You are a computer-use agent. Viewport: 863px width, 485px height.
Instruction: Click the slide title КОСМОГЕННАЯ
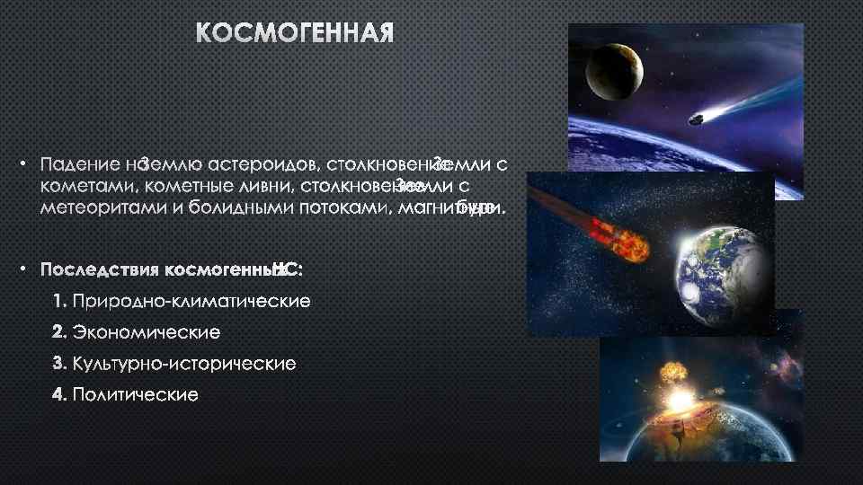pos(296,35)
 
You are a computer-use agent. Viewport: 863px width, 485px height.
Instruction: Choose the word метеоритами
pos(95,210)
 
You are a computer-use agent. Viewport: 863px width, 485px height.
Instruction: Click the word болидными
pos(225,210)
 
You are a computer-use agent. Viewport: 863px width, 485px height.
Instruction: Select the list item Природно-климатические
pos(191,301)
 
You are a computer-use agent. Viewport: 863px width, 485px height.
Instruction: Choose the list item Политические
pos(136,395)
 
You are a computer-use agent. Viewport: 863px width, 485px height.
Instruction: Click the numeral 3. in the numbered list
pos(59,364)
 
